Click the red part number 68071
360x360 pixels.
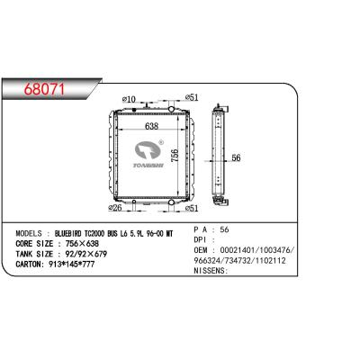tap(44, 89)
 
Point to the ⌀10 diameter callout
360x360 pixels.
tap(129, 99)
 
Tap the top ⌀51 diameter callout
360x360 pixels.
tap(192, 97)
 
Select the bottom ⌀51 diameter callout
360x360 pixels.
tap(192, 208)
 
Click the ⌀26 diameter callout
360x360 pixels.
tap(114, 208)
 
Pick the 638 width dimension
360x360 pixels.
tap(151, 126)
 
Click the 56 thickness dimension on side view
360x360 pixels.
tap(237, 157)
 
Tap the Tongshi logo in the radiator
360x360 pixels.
tap(148, 154)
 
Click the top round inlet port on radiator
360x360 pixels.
tap(171, 109)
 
